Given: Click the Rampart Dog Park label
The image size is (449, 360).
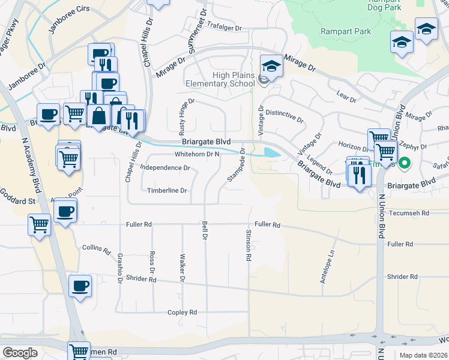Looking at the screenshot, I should (x=393, y=5).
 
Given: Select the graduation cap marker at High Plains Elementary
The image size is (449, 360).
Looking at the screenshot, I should (x=271, y=67).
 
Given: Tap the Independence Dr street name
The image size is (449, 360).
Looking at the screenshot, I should (x=164, y=168).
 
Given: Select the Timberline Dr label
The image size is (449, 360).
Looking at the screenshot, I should (x=167, y=191).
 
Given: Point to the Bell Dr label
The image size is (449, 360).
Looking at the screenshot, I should (x=205, y=230).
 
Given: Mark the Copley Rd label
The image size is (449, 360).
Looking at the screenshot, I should (x=182, y=313).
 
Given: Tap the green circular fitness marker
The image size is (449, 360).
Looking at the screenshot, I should (x=405, y=163).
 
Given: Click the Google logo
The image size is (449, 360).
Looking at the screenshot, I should (x=20, y=353).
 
